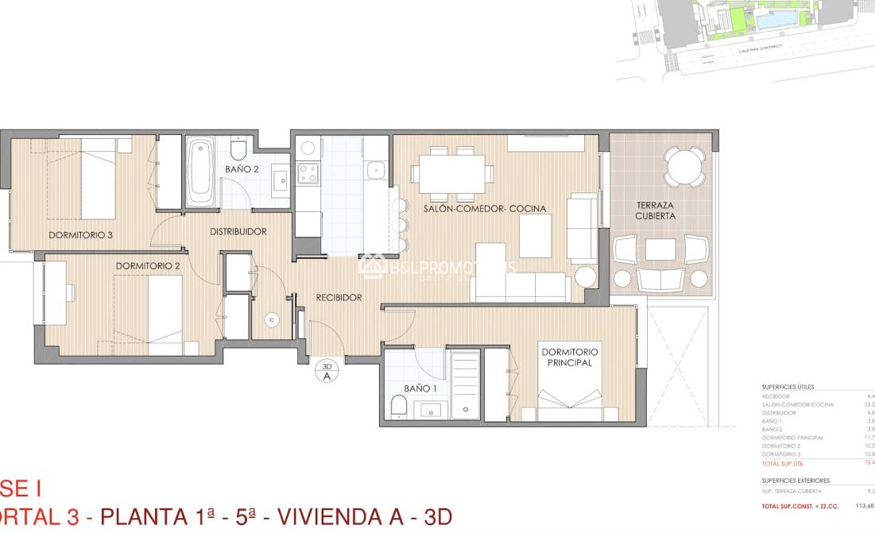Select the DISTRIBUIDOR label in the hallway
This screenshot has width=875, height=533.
[x=238, y=232]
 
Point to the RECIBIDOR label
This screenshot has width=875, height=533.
[x=339, y=298]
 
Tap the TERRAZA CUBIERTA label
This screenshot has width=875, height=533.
[x=655, y=210]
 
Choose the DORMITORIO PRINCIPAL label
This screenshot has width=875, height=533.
[x=570, y=357]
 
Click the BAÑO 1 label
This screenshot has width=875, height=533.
[x=420, y=388]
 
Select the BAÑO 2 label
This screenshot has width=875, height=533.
[x=242, y=169]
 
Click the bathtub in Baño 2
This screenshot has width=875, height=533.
[x=200, y=172]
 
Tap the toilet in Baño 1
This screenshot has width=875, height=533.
[x=400, y=407]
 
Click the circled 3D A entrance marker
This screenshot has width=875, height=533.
[x=326, y=371]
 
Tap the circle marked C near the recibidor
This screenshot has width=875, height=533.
[x=272, y=319]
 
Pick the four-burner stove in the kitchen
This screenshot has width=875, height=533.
[x=308, y=172]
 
